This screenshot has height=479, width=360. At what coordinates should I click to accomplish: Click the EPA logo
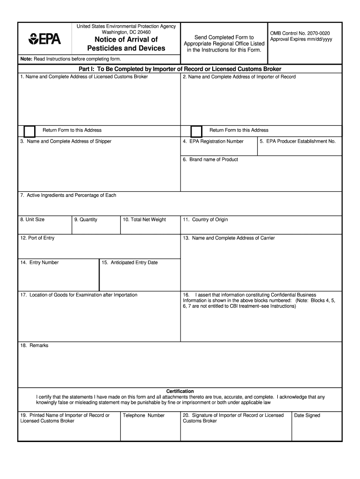click(x=44, y=39)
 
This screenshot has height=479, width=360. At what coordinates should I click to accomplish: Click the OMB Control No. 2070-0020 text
click(x=300, y=33)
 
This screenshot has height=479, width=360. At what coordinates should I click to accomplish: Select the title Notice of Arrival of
click(x=126, y=39)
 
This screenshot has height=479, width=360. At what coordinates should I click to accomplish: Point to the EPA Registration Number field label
click(x=216, y=141)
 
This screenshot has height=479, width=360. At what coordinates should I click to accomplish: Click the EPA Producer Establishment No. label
click(x=298, y=141)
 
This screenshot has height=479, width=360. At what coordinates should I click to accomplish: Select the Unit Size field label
click(x=32, y=219)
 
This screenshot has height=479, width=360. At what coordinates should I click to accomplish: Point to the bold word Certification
click(x=180, y=391)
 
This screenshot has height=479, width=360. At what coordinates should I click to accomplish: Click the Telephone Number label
click(x=144, y=415)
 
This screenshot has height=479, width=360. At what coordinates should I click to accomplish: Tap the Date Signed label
click(x=307, y=415)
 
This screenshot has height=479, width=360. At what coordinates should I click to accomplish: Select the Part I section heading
click(x=180, y=69)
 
